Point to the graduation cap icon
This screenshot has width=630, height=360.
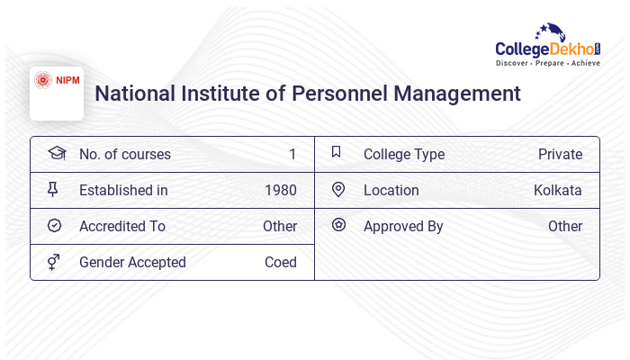coord(56,154)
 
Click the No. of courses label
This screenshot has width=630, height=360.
coord(124,155)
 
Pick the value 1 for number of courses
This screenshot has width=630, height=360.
coord(292,155)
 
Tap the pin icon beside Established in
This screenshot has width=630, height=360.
coord(53,190)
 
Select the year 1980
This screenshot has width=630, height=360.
coord(281,191)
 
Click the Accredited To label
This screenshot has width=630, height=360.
coord(122,227)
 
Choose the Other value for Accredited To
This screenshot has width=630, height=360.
coord(280,227)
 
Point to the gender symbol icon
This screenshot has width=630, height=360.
coord(54,262)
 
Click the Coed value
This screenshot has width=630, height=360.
coord(281,263)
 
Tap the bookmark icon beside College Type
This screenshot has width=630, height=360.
coord(337,153)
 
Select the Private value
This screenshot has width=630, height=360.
coord(560,155)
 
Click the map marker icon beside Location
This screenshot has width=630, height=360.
coord(338,190)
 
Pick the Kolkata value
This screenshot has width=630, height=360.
coord(557,191)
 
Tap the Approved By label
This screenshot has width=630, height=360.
coord(403,227)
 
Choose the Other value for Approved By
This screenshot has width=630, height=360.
coord(565,227)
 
